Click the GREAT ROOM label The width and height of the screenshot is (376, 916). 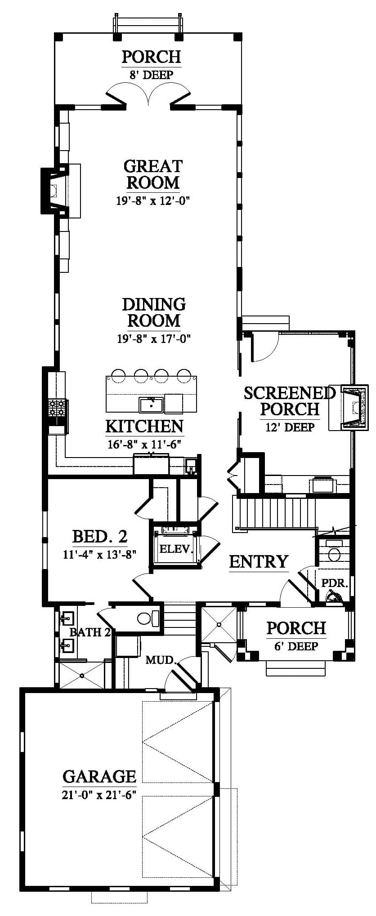point(153,174)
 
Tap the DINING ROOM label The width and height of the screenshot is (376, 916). point(154,312)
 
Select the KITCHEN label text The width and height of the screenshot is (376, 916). point(144,426)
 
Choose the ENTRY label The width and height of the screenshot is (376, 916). point(259,561)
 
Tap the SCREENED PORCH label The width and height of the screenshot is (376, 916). point(290,401)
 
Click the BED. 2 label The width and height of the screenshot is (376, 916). point(100,536)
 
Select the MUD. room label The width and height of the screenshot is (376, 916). point(161,660)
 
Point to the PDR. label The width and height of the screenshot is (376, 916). point(335,583)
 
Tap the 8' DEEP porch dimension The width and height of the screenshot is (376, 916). point(151,75)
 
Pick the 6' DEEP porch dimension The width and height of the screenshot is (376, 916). point(296,646)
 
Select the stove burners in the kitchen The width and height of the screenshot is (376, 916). point(57,408)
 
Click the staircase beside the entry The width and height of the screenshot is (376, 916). point(273,512)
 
